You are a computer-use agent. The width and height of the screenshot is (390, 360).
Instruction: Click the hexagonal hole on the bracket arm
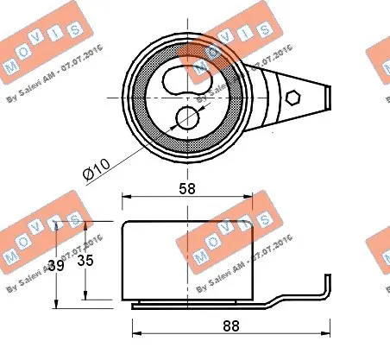[292, 98]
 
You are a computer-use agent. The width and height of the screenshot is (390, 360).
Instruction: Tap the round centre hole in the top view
[186, 117]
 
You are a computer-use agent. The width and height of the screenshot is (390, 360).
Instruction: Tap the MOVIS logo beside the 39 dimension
[35, 237]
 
